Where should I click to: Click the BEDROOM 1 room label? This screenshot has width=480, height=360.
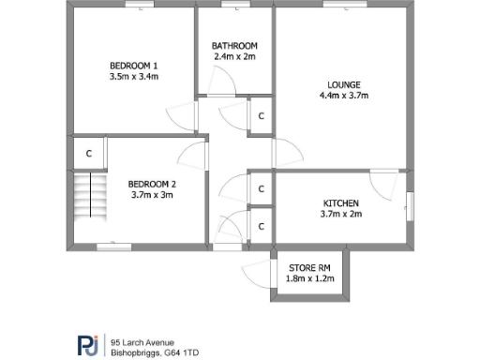pos(134,65)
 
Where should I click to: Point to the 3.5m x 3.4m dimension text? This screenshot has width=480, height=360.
pos(134,77)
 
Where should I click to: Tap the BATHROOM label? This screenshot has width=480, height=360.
pos(233,45)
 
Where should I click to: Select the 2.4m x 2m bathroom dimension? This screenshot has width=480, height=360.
pos(233,57)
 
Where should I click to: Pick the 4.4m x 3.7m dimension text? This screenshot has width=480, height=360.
pos(344,96)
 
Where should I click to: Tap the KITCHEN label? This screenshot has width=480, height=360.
pos(340,202)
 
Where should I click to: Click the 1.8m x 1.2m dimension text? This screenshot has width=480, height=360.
pos(309,277)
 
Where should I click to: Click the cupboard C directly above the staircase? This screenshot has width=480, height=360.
pos(88,153)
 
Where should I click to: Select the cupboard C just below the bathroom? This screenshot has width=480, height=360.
pos(262,116)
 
